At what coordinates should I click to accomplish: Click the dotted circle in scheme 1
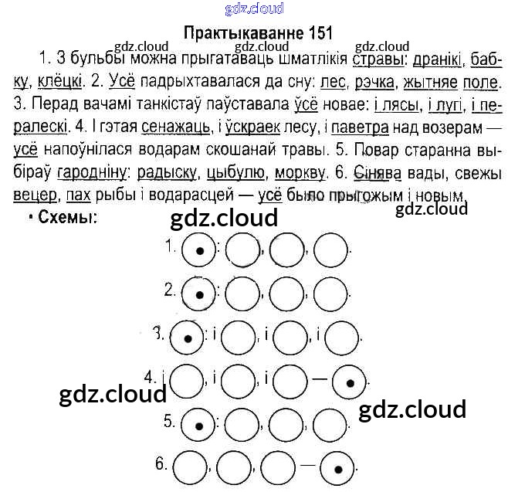(x=198, y=249)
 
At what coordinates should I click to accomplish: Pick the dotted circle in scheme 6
(x=337, y=466)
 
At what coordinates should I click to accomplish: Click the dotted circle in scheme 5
(x=198, y=422)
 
